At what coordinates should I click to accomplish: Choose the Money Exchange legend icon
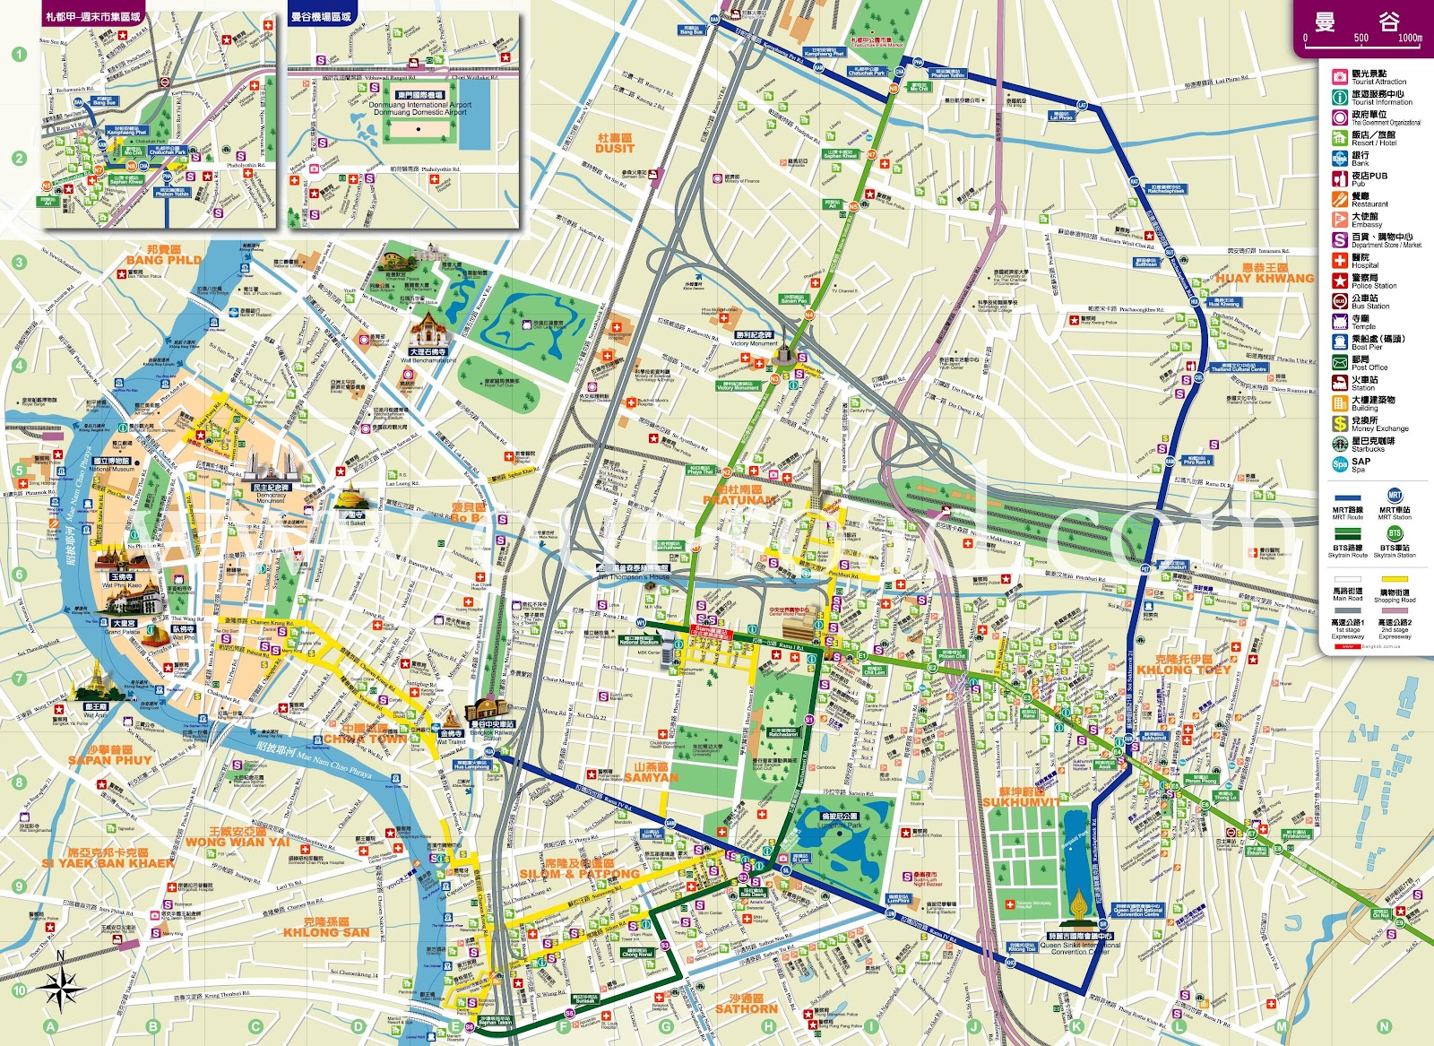pos(1340,424)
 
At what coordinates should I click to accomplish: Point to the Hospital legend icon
pos(1340,261)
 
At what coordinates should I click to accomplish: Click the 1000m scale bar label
pos(1410,39)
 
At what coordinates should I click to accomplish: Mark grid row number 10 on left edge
pos(20,990)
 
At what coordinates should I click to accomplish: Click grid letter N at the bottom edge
pos(1384,1027)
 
